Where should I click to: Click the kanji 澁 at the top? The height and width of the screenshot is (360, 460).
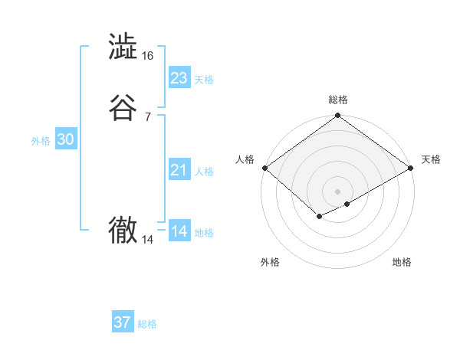click(x=123, y=47)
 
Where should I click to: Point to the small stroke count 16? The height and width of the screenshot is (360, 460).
click(x=147, y=56)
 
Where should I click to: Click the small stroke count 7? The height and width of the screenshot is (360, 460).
click(x=147, y=116)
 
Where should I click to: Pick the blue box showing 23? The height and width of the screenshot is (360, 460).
click(x=179, y=78)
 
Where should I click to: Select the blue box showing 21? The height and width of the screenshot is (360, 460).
click(x=179, y=170)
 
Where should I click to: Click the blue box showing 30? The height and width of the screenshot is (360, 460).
click(x=66, y=139)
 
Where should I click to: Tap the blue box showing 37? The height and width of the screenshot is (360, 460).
click(x=123, y=322)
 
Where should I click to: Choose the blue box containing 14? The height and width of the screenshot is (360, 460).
click(x=179, y=231)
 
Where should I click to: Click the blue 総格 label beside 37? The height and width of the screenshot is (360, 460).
click(x=147, y=324)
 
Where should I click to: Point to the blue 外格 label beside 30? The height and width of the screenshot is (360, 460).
click(x=41, y=141)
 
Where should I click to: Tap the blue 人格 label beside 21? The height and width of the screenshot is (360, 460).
click(x=204, y=172)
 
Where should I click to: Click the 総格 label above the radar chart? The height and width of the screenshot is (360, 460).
click(x=337, y=100)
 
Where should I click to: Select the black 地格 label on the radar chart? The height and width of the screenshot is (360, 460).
click(x=402, y=263)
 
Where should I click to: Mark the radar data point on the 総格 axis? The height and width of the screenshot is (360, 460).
click(x=337, y=116)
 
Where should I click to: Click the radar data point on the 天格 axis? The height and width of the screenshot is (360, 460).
click(x=412, y=168)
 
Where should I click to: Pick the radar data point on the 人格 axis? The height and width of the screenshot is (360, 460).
click(x=264, y=168)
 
